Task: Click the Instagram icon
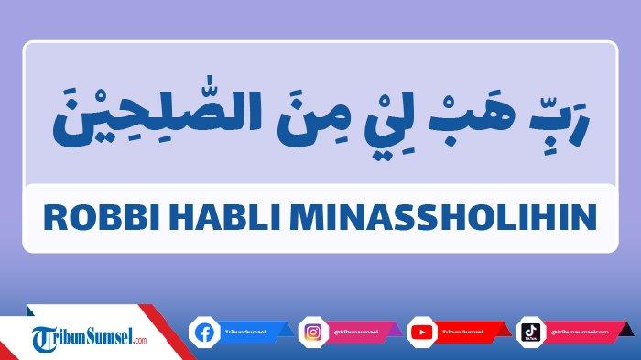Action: pos(313,331)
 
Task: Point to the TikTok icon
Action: pos(529,331)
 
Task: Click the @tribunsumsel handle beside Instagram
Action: pos(353,331)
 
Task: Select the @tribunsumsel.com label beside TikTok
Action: pos(572,331)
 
